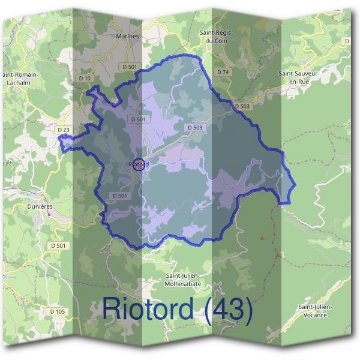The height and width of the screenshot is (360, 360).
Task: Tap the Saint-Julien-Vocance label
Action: coord(316,311)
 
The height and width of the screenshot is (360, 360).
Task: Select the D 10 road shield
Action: coord(85,79)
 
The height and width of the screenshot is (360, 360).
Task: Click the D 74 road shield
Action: coord(223,72)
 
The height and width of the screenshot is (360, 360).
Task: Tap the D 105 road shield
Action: coord(58,311)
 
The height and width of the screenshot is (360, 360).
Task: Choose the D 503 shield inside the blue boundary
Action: coord(195,128)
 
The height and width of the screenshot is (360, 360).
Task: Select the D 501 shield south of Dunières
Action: coord(58,246)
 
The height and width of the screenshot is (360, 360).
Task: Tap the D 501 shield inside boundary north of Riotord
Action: coord(137,119)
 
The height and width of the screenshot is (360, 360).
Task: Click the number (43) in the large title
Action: coord(227,308)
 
